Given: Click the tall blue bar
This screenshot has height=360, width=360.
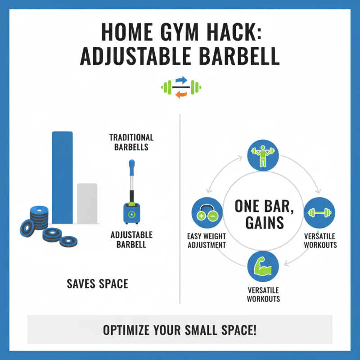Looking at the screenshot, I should click(x=62, y=177).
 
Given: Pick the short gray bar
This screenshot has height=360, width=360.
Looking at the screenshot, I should click(x=87, y=203).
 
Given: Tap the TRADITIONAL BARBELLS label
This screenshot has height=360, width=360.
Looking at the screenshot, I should click(x=131, y=142).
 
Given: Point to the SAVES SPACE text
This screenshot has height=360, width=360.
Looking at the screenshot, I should click(x=97, y=284).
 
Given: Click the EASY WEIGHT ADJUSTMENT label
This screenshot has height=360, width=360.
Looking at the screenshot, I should click(x=206, y=241).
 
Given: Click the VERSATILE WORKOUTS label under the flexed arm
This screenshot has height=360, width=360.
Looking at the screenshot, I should click(x=263, y=294).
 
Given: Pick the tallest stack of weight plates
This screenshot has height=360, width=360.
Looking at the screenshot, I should click(x=39, y=216).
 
